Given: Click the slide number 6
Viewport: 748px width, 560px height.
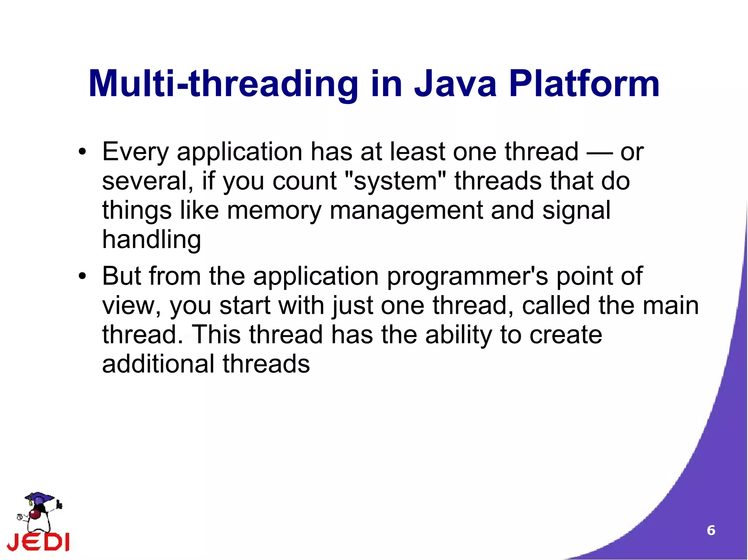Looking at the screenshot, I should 711,530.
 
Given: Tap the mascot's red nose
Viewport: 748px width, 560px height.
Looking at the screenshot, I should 35,514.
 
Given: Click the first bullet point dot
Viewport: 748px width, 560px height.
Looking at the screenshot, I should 83,152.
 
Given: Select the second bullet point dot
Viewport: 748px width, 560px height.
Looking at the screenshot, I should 83,277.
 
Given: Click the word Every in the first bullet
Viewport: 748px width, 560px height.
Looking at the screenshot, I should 135,152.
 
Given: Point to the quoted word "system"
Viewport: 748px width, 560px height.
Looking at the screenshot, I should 395,181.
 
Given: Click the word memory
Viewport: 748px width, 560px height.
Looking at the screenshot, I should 274,211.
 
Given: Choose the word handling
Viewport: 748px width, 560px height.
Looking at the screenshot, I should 152,240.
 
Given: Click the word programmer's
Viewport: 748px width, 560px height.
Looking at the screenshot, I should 467,277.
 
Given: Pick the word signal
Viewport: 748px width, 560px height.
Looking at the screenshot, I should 576,211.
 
